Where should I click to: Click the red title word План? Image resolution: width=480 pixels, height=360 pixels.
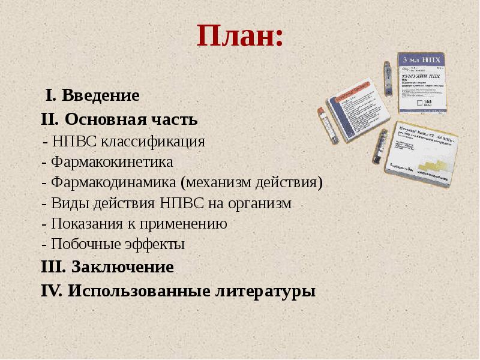pyautogui.click(x=238, y=37)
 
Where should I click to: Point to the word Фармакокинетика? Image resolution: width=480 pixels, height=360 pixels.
pyautogui.click(x=112, y=163)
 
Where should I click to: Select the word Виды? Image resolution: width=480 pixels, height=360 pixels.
pyautogui.click(x=69, y=203)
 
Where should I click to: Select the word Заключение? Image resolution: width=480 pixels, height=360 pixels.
pyautogui.click(x=122, y=267)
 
